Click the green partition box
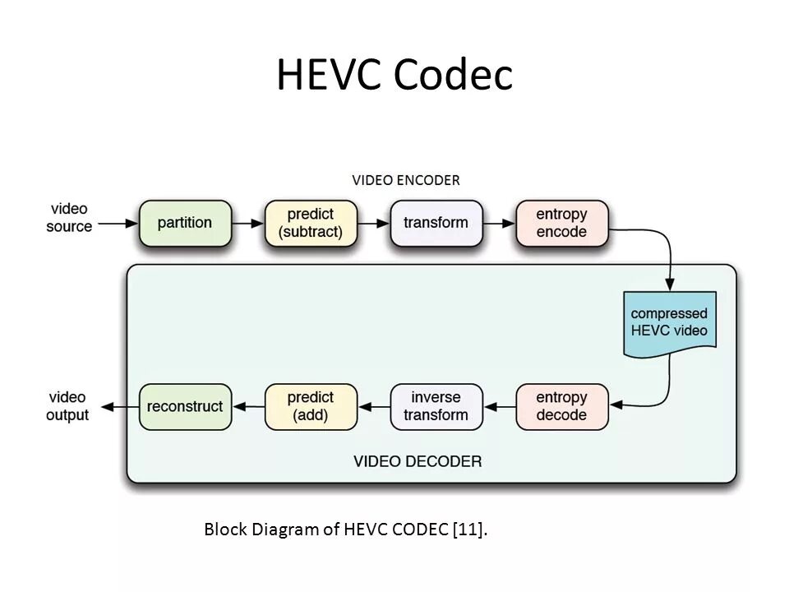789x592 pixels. coord(185,223)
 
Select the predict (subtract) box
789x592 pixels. coord(311,223)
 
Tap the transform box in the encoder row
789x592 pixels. coord(436,223)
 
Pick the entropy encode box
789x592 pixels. coord(562,223)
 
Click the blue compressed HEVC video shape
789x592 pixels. coord(669,323)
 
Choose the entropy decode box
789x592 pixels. coord(562,406)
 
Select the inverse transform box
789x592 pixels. coord(436,406)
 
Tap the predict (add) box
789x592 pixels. coord(311,406)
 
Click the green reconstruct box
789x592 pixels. coord(185,406)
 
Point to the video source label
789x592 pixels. coord(69,218)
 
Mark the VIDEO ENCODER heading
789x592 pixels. coord(406,179)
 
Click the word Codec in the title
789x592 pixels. coord(453,76)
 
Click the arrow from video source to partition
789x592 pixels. coord(118,223)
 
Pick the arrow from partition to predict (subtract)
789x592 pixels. coord(249,223)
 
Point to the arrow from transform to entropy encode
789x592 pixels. coord(500,223)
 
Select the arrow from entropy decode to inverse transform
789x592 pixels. coord(500,406)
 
